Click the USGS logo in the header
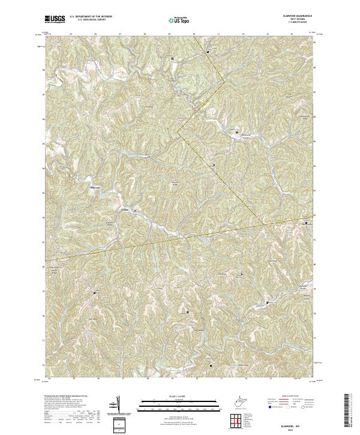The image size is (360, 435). point(55,20)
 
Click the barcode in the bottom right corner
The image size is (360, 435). point(350,411)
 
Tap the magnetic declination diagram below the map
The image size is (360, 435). point(118,405)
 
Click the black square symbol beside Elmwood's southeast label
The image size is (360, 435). point(135,211)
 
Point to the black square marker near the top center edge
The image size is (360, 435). point(173,58)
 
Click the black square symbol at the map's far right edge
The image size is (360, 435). point(307,223)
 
